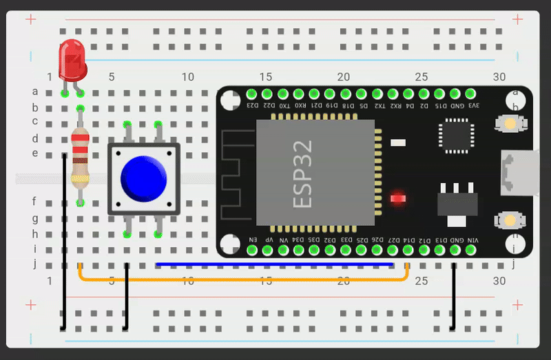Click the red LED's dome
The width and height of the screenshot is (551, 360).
[x=72, y=58]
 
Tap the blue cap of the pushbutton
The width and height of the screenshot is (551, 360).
[x=143, y=177]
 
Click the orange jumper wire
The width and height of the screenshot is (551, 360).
[x=241, y=279]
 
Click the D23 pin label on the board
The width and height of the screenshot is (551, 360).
[x=251, y=105]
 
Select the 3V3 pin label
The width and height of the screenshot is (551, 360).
[x=473, y=105]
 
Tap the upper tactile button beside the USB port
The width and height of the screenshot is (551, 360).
[x=509, y=124]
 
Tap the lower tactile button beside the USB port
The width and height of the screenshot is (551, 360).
[x=509, y=220]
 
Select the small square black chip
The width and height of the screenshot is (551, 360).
[x=457, y=136]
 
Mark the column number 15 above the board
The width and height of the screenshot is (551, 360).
[x=266, y=77]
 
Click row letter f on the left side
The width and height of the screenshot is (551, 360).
[x=34, y=202]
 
